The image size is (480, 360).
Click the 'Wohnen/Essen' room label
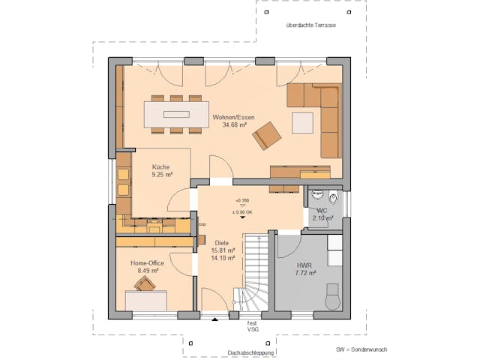click(235, 117)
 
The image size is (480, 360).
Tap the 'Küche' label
click(160, 166)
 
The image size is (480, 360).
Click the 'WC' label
click(321, 210)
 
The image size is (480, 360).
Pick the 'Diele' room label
click(221, 243)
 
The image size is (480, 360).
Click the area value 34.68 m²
click(235, 125)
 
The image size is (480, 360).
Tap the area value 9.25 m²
click(160, 175)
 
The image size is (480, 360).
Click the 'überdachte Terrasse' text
click(310, 25)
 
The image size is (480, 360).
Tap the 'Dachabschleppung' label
click(229, 351)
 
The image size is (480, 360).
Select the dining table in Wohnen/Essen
click(178, 115)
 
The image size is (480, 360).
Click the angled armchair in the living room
click(266, 136)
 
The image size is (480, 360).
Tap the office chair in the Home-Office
click(145, 283)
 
